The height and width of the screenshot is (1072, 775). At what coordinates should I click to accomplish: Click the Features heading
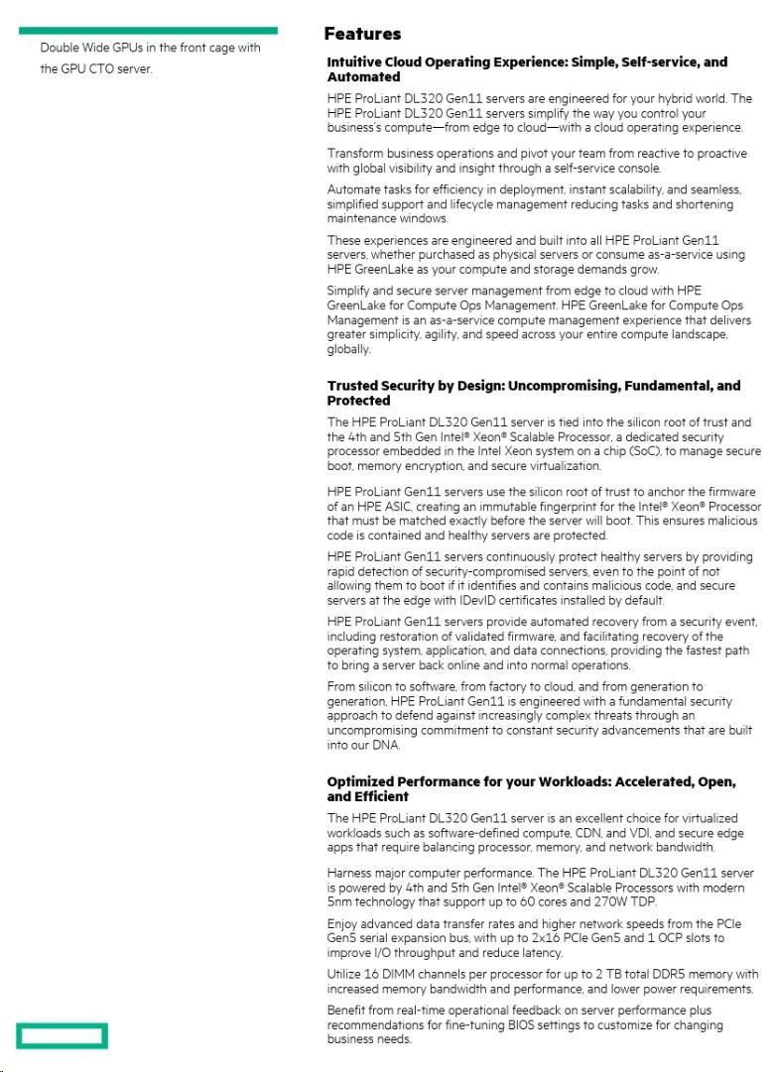[362, 35]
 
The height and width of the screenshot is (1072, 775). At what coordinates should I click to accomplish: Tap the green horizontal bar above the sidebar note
[149, 31]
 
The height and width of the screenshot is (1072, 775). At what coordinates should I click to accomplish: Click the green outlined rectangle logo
[62, 1035]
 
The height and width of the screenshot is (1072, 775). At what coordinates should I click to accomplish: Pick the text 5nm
[340, 901]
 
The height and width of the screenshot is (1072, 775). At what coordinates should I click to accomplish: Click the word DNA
[388, 746]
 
